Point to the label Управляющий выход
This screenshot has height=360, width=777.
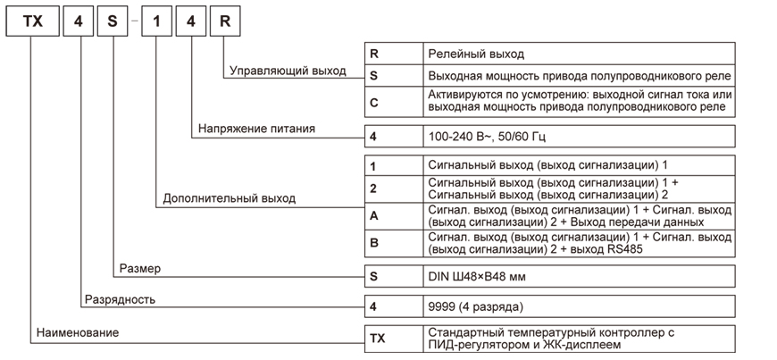pyautogui.click(x=288, y=71)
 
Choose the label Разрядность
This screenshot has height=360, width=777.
pyautogui.click(x=120, y=299)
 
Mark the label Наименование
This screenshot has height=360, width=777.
pyautogui.click(x=79, y=332)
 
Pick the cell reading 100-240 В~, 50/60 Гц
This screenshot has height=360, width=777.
pyautogui.click(x=500, y=136)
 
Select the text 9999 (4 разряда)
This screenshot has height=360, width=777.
pyautogui.click(x=475, y=306)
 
